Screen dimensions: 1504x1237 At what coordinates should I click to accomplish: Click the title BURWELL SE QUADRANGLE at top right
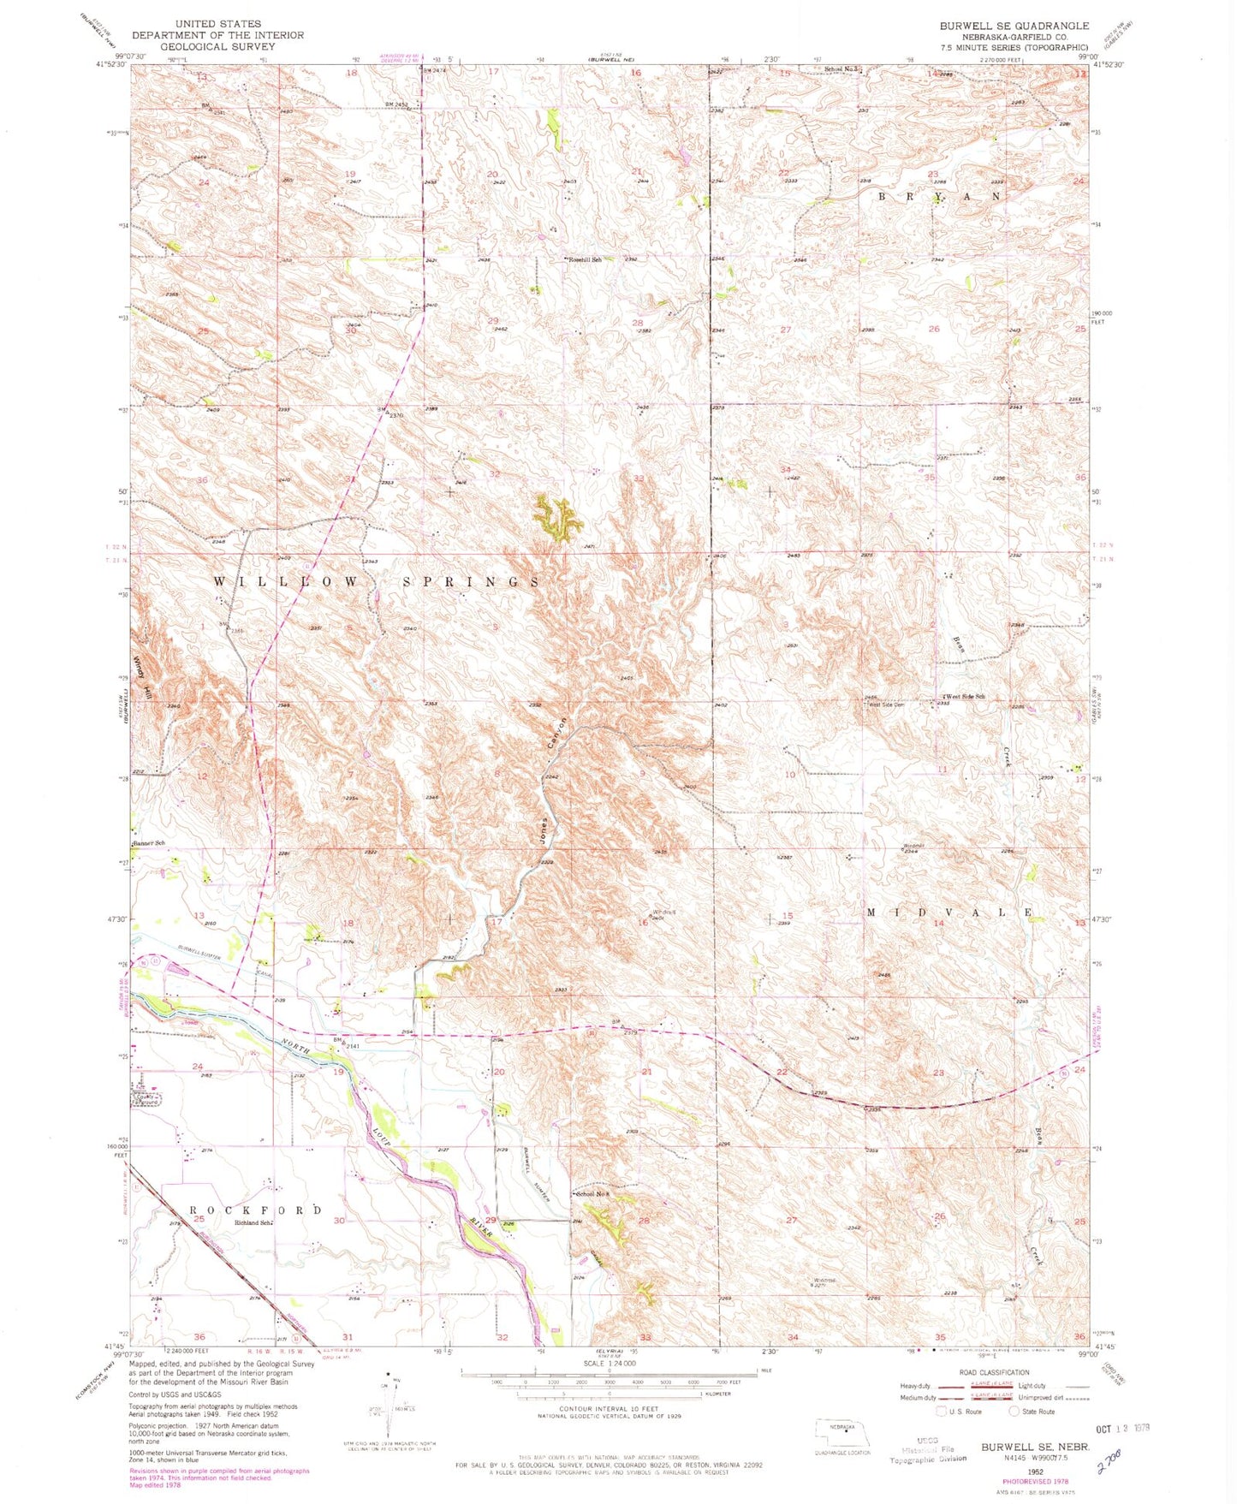(1014, 26)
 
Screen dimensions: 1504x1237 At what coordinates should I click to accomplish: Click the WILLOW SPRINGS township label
(377, 582)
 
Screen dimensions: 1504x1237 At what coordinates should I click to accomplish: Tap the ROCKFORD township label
(255, 1210)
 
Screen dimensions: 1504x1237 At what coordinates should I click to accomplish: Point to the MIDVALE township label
(949, 913)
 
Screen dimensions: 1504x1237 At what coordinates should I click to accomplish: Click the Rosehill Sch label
(586, 259)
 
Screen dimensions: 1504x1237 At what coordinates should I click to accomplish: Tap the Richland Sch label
(254, 1222)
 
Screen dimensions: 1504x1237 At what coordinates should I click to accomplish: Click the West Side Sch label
(965, 697)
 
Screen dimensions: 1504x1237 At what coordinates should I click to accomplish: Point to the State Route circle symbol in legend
(1015, 1412)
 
